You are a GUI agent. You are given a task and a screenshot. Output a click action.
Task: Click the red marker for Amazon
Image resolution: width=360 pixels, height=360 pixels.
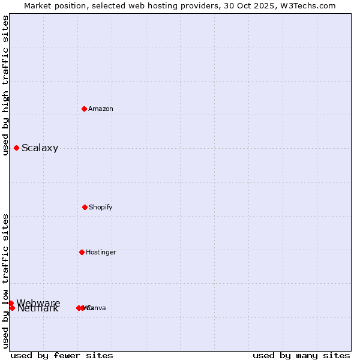coord(85,109)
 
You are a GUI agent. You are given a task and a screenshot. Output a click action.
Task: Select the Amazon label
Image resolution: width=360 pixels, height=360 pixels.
coord(101,109)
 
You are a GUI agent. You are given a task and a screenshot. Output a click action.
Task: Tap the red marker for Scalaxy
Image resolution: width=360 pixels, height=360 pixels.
coord(16,148)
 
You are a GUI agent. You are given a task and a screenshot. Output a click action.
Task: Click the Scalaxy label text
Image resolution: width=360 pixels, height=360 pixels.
coord(40,148)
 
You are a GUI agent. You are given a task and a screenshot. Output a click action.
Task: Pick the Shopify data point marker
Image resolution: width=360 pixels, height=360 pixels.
coord(85,207)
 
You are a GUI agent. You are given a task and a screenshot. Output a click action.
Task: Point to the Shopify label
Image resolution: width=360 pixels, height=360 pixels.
coord(101,207)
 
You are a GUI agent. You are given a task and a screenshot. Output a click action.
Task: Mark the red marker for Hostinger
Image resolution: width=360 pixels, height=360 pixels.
coord(82,252)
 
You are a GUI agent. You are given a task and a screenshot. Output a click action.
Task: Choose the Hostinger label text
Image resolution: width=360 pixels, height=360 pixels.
coord(101,252)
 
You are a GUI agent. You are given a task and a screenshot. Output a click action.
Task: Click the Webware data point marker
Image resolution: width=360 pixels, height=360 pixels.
coord(11,303)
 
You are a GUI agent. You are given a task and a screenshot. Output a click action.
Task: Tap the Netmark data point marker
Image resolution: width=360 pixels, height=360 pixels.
coord(11,308)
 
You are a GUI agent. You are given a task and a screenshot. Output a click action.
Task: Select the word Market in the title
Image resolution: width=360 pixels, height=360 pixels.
coord(38,5)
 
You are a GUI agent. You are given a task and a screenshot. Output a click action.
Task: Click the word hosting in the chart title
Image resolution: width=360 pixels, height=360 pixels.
coord(171,5)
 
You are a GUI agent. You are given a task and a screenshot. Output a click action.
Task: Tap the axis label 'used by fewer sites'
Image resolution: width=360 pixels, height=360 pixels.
coord(62,355)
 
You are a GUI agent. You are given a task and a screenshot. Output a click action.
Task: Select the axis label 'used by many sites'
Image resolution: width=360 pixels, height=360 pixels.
coord(301,355)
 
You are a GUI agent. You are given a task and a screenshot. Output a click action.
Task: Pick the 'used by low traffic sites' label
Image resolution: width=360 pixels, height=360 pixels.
coord(5,281)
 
